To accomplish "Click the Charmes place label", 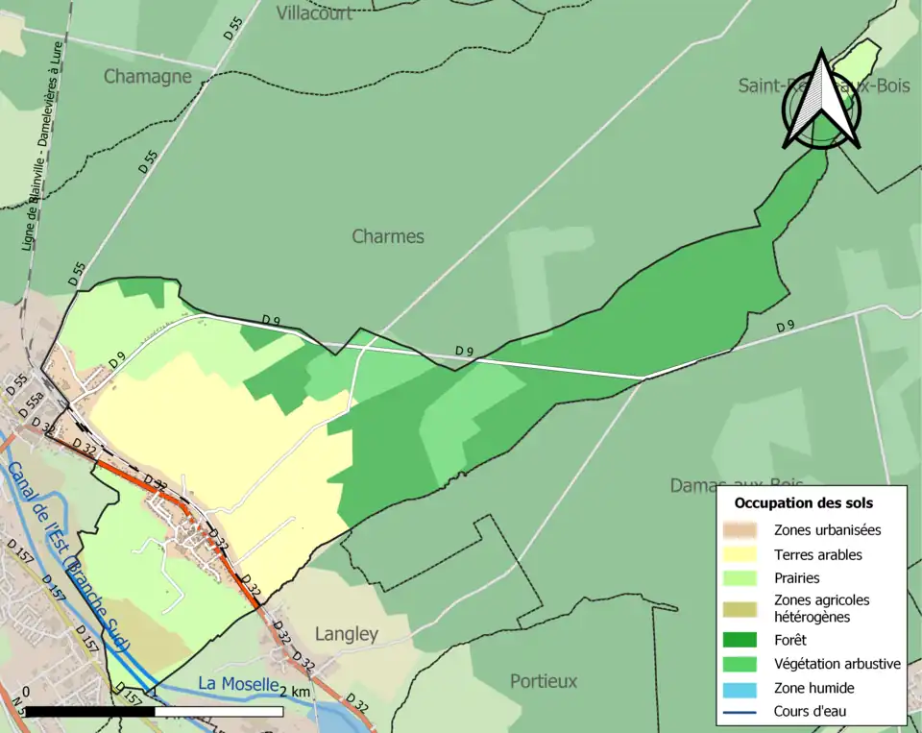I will [387, 236].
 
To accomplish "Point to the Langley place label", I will [347, 634].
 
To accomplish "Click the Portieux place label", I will [544, 681].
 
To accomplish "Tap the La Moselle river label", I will [237, 684].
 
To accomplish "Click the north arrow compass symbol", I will [820, 101].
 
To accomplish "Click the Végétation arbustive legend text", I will [837, 664].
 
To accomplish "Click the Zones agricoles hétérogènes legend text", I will [821, 608].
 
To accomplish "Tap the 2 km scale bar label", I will [296, 692].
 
